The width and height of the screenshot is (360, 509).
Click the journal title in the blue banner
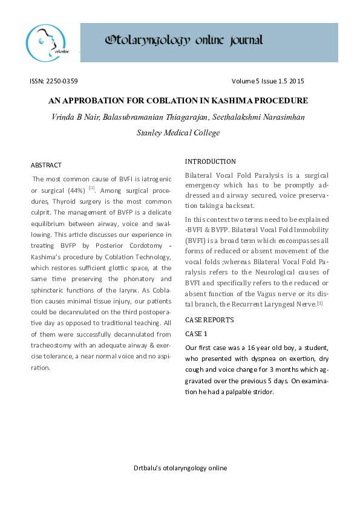click(184, 41)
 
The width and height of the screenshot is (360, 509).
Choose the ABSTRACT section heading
click(46, 165)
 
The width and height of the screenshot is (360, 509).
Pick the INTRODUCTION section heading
click(211, 162)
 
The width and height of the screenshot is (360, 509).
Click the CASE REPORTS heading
click(209, 320)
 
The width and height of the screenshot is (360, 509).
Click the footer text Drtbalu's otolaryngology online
click(180, 467)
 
